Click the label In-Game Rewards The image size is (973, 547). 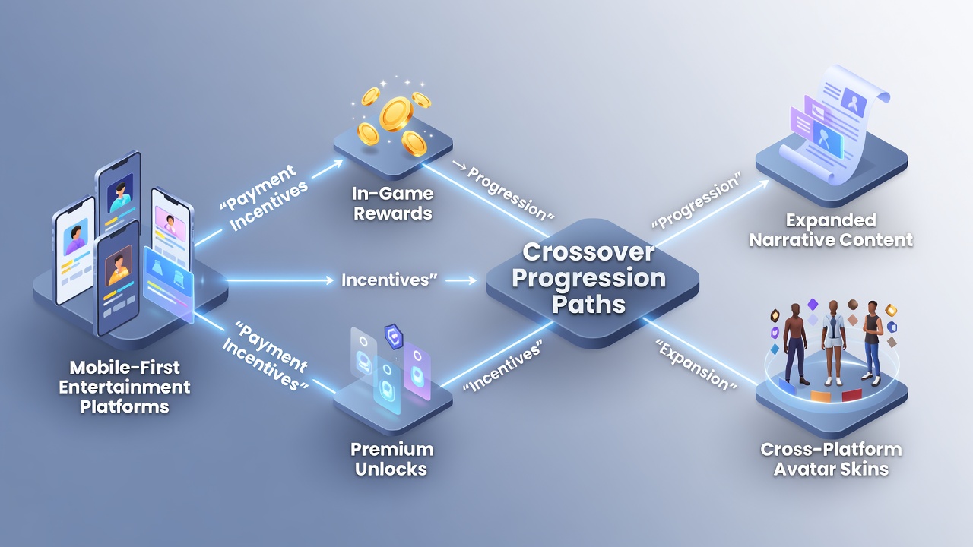tap(393, 203)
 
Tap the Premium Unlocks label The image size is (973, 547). tap(391, 459)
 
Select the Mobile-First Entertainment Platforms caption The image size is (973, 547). tap(125, 387)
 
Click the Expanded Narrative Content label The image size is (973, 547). tap(831, 230)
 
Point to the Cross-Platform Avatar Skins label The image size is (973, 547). tap(831, 459)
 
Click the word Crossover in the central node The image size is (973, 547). tap(588, 252)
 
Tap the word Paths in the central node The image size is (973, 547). tap(588, 304)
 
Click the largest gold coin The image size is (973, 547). tap(395, 114)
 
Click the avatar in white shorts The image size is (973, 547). tap(833, 343)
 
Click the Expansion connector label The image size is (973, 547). tap(696, 365)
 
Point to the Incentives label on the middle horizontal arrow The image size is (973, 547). tap(388, 280)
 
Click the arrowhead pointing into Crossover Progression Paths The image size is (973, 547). tap(472, 280)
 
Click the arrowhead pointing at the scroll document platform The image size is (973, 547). tap(762, 185)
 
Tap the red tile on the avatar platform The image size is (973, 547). tap(851, 395)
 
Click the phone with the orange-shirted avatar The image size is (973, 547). tap(118, 278)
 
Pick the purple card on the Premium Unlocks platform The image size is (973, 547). tap(417, 372)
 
